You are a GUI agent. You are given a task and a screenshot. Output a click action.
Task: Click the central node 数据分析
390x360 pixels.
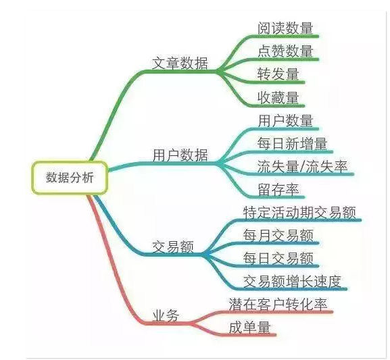(70, 178)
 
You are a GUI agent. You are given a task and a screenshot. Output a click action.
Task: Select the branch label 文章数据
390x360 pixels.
(180, 63)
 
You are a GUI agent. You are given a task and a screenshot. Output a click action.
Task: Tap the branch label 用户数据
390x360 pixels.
(180, 155)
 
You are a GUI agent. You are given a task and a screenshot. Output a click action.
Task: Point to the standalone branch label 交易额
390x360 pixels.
(172, 247)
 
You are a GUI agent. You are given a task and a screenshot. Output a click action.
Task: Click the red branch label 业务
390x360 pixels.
(166, 316)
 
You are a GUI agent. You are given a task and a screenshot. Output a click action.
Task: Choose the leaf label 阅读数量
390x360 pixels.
(285, 28)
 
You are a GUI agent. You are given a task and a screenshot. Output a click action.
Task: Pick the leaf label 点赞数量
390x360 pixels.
(285, 51)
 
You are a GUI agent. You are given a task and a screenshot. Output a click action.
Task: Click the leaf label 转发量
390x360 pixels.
(278, 74)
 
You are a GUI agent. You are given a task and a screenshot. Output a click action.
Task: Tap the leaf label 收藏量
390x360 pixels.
(278, 97)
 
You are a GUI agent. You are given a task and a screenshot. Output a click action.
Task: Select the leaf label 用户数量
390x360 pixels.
(285, 121)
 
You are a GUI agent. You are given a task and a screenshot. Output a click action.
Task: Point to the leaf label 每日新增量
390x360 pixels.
(292, 143)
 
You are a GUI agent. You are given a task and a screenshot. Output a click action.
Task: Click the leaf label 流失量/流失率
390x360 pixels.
(302, 166)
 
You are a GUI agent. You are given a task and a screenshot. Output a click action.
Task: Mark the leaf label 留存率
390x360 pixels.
(278, 189)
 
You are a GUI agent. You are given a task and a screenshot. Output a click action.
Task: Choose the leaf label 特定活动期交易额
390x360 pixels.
(299, 212)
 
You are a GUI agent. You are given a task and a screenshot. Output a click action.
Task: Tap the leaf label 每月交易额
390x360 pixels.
(278, 235)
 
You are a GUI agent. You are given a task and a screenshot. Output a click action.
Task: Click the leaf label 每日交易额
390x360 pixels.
(278, 258)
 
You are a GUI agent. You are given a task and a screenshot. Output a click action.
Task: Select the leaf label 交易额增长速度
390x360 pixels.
(292, 281)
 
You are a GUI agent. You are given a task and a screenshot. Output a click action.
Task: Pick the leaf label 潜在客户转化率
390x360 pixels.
(278, 304)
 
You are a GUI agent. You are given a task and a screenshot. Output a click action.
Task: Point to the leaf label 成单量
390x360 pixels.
(249, 327)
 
